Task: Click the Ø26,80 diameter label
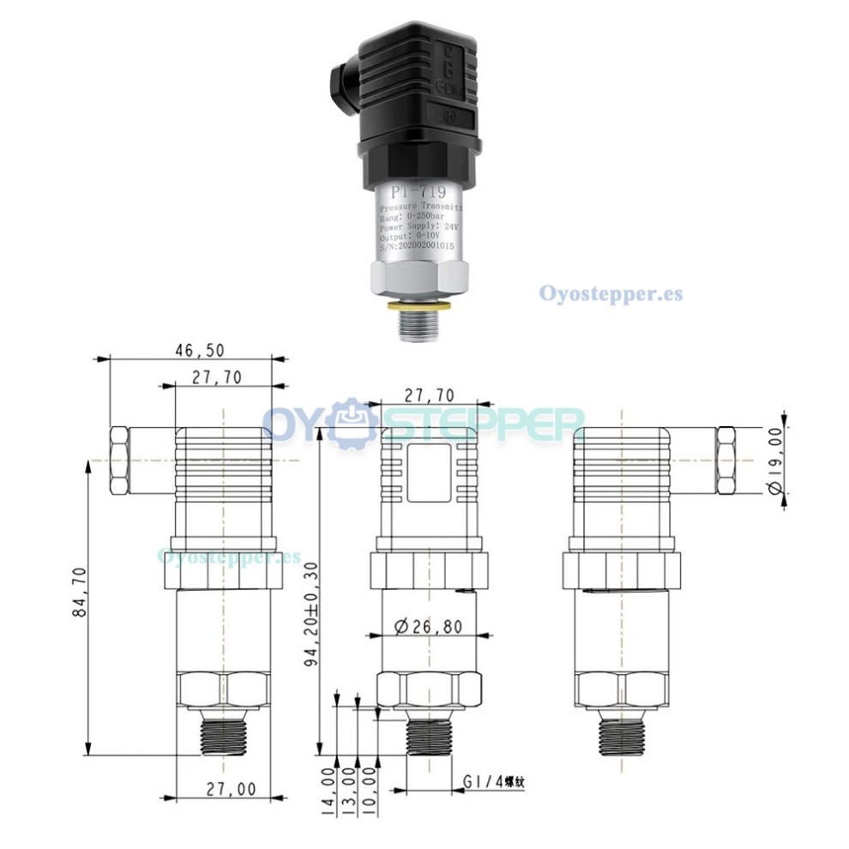pos(429,626)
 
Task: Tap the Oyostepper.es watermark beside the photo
pos(611,293)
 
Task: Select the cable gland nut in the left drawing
pos(119,461)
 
